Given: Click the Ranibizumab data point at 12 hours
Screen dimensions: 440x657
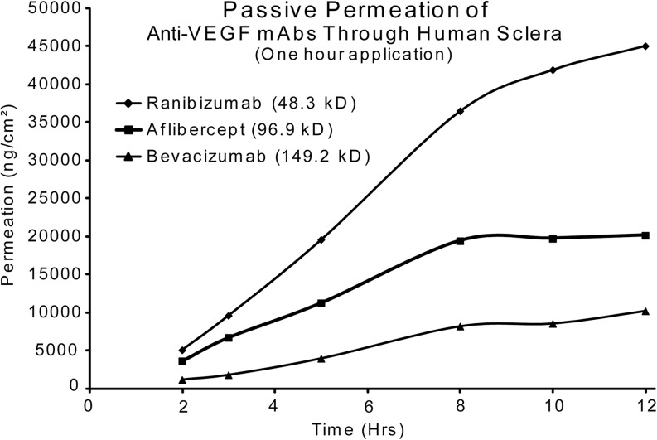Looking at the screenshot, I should [x=645, y=46].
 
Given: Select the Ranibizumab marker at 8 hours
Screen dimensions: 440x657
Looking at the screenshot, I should [x=460, y=111].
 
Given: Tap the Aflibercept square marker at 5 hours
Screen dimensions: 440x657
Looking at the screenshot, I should [x=321, y=303].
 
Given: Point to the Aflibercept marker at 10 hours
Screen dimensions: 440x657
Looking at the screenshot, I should [x=553, y=239].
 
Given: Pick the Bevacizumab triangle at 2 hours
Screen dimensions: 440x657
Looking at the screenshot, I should [x=182, y=379].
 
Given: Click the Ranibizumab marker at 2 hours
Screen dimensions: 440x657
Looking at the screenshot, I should [x=182, y=350].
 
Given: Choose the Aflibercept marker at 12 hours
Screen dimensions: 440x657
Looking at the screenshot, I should [x=645, y=235].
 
